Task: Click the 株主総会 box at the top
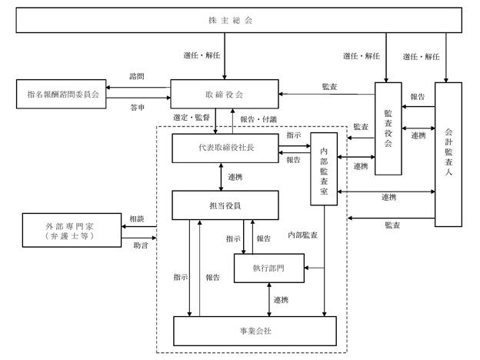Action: pyautogui.click(x=238, y=20)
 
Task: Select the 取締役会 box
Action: pyautogui.click(x=225, y=94)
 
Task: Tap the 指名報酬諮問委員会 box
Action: pyautogui.click(x=62, y=94)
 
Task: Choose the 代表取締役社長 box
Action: pyautogui.click(x=225, y=148)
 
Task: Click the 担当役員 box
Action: pyautogui.click(x=225, y=205)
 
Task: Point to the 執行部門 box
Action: pyautogui.click(x=269, y=268)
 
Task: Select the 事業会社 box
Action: pyautogui.click(x=255, y=331)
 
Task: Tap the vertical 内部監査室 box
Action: pyautogui.click(x=324, y=169)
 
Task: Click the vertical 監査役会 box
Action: pyautogui.click(x=388, y=128)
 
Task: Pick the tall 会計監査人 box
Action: pyautogui.click(x=448, y=155)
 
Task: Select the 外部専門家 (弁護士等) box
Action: pyautogui.click(x=72, y=230)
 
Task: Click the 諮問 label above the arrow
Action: pyautogui.click(x=137, y=76)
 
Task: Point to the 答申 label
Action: pyautogui.click(x=138, y=108)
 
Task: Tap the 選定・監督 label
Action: pyautogui.click(x=192, y=117)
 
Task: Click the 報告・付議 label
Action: pyautogui.click(x=258, y=119)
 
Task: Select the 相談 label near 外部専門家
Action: pyautogui.click(x=137, y=218)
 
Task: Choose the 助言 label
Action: pyautogui.click(x=141, y=245)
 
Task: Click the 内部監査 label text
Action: pyautogui.click(x=303, y=235)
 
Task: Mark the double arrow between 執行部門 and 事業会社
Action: pyautogui.click(x=269, y=300)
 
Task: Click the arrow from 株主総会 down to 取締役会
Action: pyautogui.click(x=225, y=56)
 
